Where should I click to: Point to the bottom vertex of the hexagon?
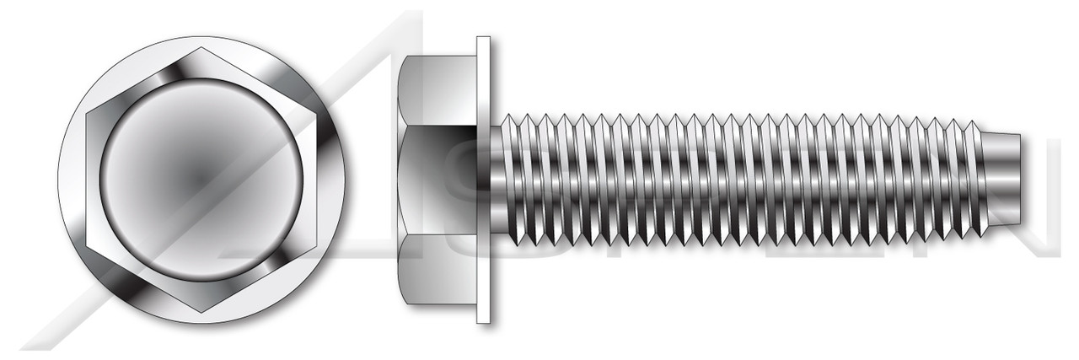(202, 314)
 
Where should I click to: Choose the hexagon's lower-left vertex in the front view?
(87, 246)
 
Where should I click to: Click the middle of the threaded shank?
(742, 179)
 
